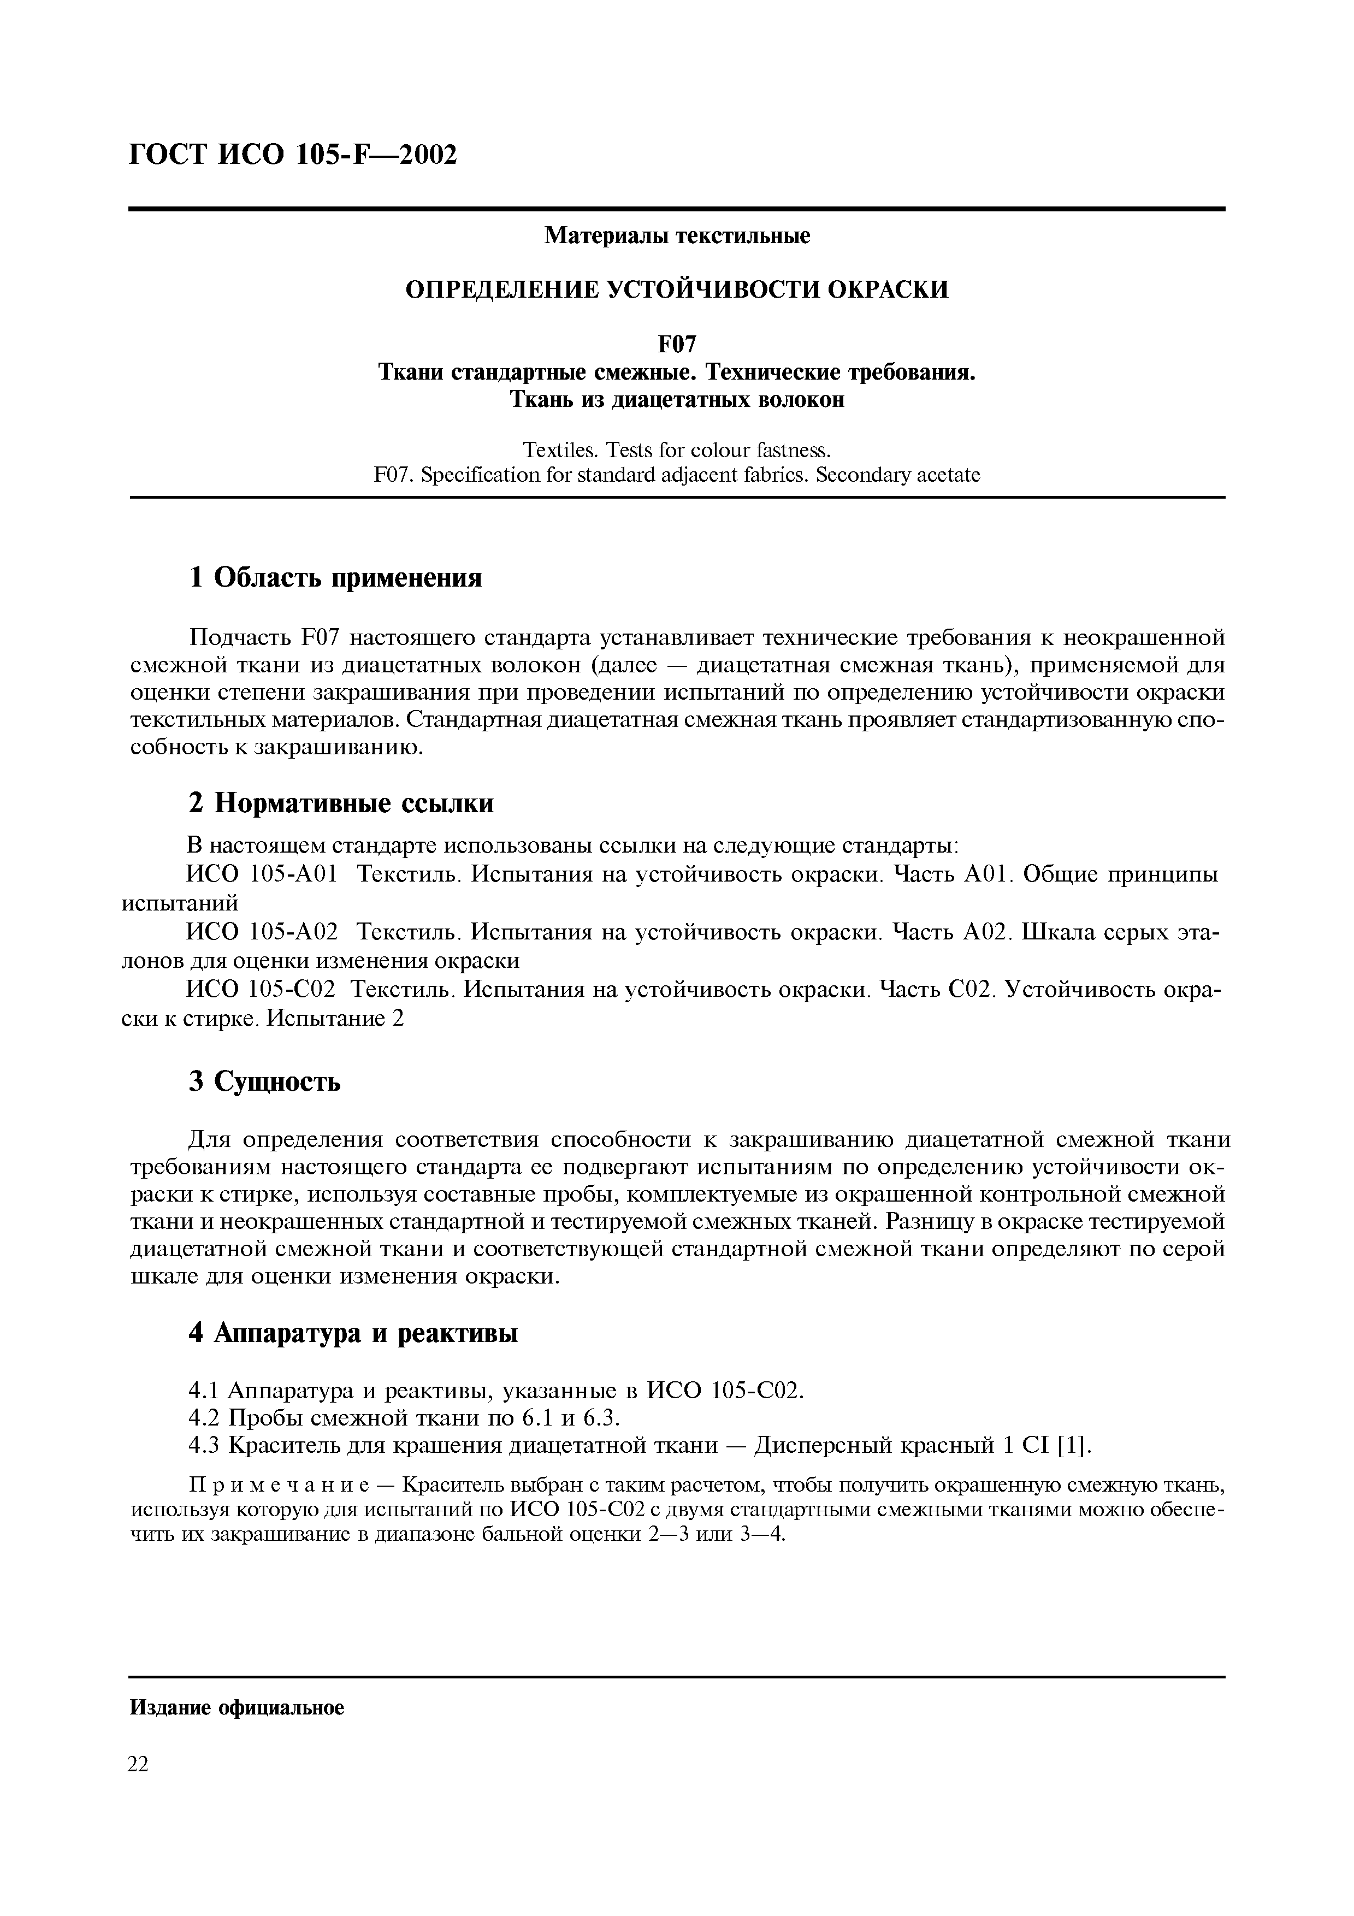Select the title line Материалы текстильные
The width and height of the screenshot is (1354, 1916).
677,236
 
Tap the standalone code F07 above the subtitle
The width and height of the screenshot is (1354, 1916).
677,344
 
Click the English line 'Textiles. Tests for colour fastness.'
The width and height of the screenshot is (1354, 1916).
677,451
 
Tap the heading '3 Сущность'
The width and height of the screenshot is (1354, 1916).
264,1081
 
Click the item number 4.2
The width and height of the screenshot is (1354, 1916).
204,1418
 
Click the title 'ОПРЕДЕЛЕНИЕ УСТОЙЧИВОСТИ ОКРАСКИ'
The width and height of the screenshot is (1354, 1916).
677,289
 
